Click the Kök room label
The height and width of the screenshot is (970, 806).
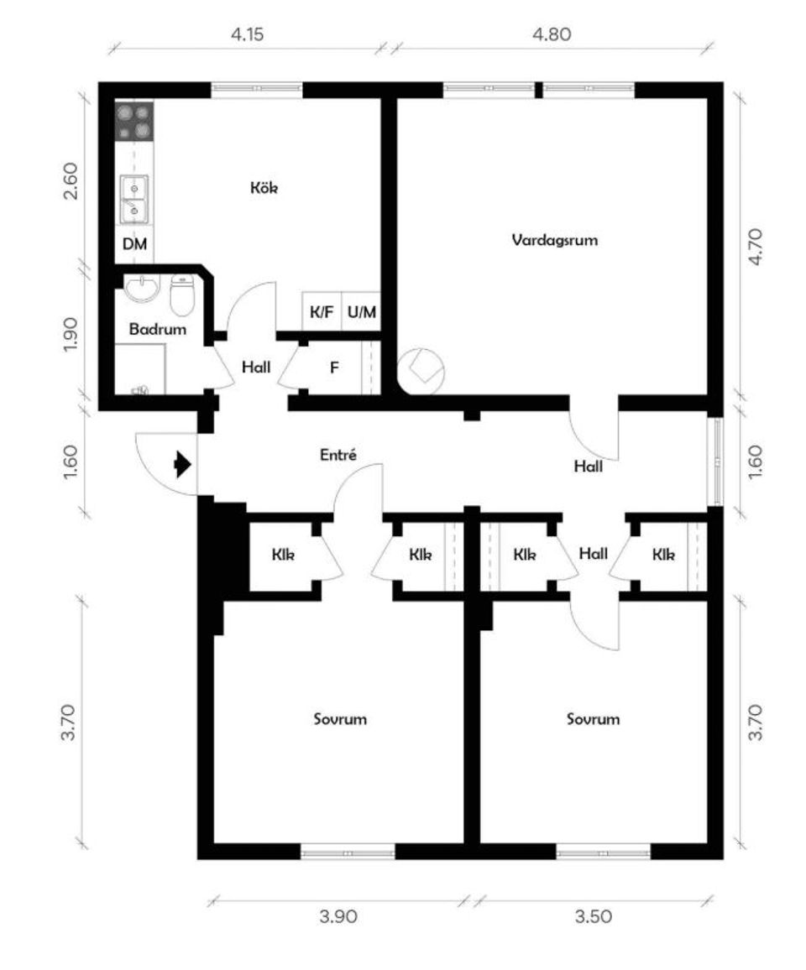(x=264, y=187)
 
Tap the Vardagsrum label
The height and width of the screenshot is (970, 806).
(x=555, y=240)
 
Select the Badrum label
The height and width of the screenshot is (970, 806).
(x=157, y=328)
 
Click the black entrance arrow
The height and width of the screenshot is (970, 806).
(x=183, y=464)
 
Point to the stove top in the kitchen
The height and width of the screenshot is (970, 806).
(x=134, y=121)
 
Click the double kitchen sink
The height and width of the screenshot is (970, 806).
(x=134, y=199)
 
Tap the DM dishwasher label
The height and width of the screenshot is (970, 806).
(x=134, y=243)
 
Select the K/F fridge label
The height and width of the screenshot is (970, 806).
(x=322, y=312)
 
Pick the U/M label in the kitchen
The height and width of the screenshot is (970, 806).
(x=362, y=312)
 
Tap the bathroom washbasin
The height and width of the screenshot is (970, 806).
(x=143, y=289)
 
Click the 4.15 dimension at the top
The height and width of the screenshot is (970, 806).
(x=247, y=34)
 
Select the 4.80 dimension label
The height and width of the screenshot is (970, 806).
(x=552, y=34)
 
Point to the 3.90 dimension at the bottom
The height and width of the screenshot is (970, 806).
(x=338, y=916)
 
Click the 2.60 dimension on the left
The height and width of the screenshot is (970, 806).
(x=71, y=180)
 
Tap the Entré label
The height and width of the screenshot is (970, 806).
(x=338, y=455)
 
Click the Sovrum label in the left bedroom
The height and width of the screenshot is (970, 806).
(x=340, y=719)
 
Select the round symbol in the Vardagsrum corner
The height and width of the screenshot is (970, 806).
(x=421, y=371)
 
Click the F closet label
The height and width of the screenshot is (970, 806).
(x=334, y=368)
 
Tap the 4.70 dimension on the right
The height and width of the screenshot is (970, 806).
(x=756, y=247)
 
